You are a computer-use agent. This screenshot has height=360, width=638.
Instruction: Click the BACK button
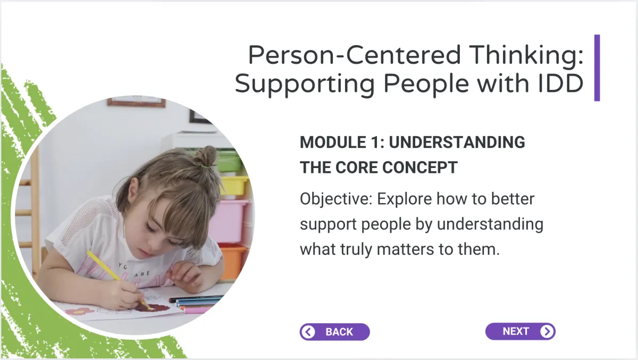coord(334,332)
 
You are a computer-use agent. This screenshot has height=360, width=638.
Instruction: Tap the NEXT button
coord(521,331)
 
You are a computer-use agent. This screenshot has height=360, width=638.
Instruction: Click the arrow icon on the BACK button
coord(308,332)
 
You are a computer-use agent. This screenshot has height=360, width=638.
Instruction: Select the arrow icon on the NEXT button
coord(547,331)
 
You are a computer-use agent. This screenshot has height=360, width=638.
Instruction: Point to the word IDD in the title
coord(560,83)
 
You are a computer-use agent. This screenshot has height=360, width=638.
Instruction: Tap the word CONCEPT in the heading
coord(420,168)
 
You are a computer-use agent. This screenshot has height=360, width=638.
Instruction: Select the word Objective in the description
coord(336,199)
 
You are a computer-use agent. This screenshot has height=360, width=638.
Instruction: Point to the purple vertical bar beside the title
coord(597,68)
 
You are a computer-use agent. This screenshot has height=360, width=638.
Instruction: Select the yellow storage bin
coord(233,187)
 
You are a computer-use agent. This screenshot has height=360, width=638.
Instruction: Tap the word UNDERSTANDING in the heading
coord(457,143)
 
